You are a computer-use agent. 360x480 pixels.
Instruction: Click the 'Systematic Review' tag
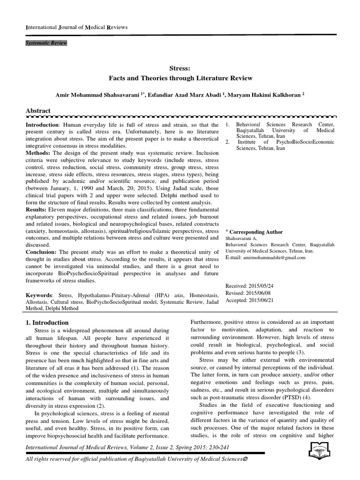[x=46, y=44]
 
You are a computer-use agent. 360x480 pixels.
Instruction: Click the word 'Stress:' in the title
[x=180, y=68]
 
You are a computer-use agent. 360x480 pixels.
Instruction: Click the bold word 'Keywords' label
[x=39, y=295]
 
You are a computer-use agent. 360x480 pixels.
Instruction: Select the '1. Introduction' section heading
[x=47, y=322]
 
